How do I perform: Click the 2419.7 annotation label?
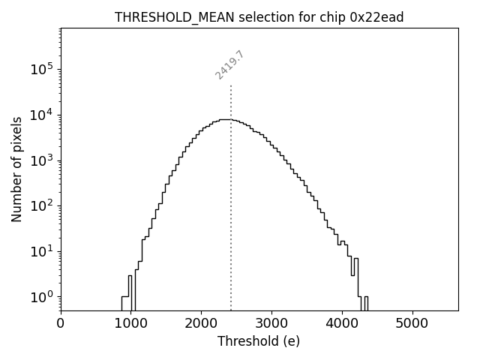pos(229,64)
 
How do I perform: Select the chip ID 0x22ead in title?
pos(376,17)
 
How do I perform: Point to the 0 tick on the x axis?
pos(61,323)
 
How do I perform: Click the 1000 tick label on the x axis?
pos(130,323)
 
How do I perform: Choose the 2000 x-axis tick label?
pos(201,323)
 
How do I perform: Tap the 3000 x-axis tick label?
pos(271,323)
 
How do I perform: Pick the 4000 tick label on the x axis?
pos(342,323)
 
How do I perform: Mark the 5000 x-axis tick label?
pos(412,323)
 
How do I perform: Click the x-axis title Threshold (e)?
pos(259,341)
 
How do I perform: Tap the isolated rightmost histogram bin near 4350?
pos(366,303)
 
